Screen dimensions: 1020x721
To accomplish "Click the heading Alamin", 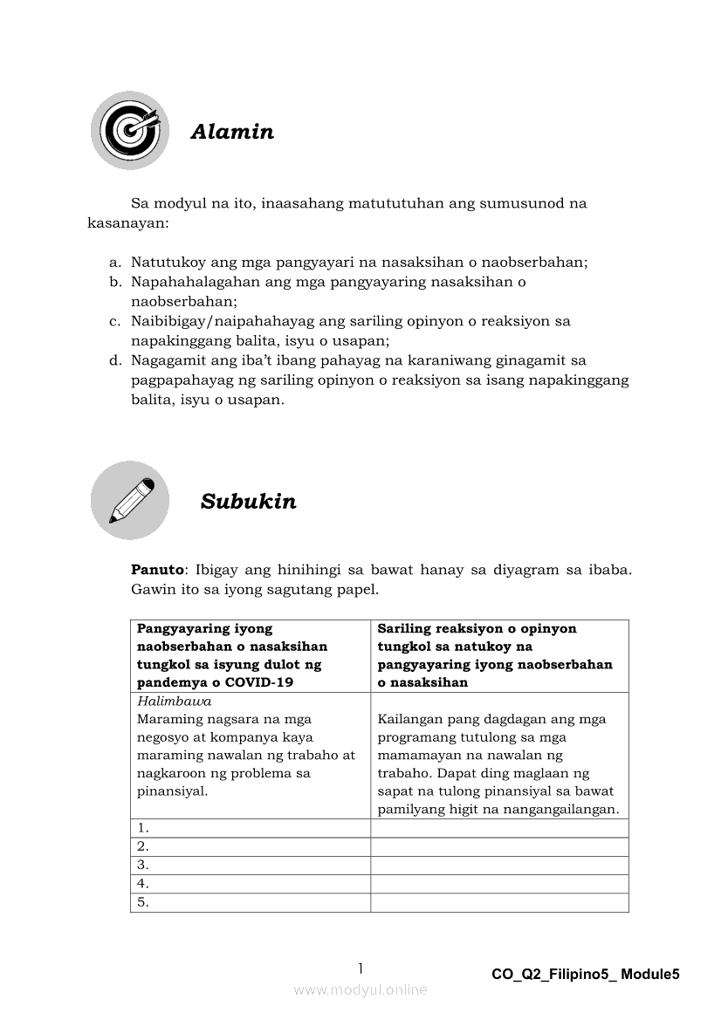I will point(232,132).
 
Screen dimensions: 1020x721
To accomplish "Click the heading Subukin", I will point(249,502).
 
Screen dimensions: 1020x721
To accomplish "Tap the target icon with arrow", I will point(130,130).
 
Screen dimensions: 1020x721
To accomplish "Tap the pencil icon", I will point(130,500).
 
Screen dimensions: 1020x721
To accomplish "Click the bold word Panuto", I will point(157,570).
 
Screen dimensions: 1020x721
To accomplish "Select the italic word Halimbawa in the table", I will point(175,702).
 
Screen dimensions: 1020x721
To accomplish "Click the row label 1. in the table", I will point(143,828).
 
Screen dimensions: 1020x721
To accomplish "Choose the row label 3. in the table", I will point(143,866).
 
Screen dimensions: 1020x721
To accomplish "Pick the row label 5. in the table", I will point(143,903).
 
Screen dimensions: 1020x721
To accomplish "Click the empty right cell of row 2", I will point(499,846).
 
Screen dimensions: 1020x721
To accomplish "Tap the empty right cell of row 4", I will point(499,884).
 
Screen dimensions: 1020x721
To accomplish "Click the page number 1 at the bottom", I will point(360,969).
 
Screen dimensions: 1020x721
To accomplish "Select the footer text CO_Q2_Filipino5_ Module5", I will point(585,975).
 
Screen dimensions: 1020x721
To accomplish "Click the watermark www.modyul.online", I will point(360,989).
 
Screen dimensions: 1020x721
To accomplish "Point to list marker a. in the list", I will point(114,262).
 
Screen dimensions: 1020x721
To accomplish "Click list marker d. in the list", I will point(114,359).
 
